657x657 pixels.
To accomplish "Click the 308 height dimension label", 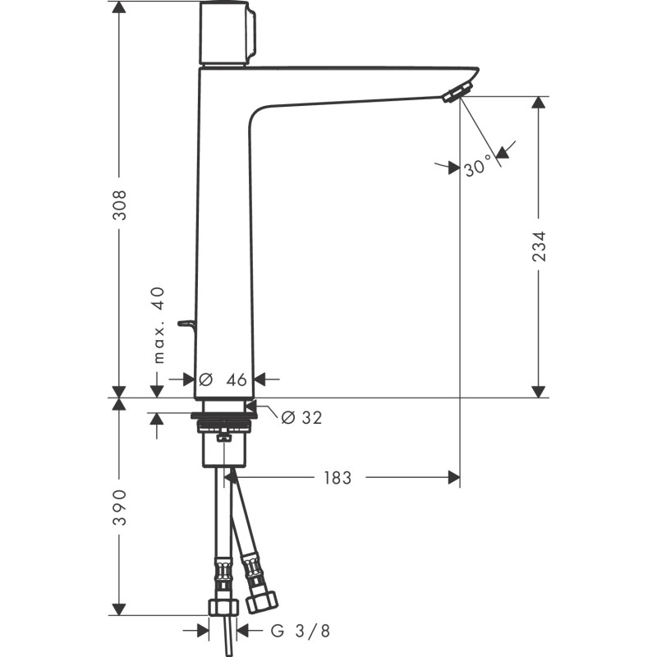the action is click(120, 205).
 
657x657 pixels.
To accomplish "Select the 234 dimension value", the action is click(540, 246).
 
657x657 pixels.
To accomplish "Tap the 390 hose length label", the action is click(120, 507).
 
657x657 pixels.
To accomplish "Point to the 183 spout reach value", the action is click(338, 478).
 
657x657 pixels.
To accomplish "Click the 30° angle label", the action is click(478, 166).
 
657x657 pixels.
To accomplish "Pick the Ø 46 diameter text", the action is click(223, 380).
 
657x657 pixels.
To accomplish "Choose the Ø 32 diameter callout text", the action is click(301, 417).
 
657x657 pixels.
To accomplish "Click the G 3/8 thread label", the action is click(301, 631).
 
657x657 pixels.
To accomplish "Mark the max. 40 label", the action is click(159, 325).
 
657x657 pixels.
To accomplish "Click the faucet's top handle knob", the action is click(227, 34).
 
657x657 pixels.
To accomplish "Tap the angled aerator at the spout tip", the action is click(457, 92).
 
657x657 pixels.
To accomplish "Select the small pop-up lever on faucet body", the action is click(187, 324).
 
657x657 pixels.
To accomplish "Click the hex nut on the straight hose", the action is click(223, 607).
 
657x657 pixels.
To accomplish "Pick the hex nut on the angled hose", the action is click(262, 601).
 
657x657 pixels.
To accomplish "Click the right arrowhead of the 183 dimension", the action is click(454, 478).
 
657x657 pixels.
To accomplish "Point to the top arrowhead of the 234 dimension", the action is click(539, 103).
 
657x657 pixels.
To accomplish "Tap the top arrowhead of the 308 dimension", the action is click(119, 7).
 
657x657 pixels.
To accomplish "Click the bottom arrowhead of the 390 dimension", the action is click(119, 609).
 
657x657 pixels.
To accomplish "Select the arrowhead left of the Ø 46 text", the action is click(188, 379).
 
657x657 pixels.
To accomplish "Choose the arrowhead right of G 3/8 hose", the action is click(243, 630).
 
